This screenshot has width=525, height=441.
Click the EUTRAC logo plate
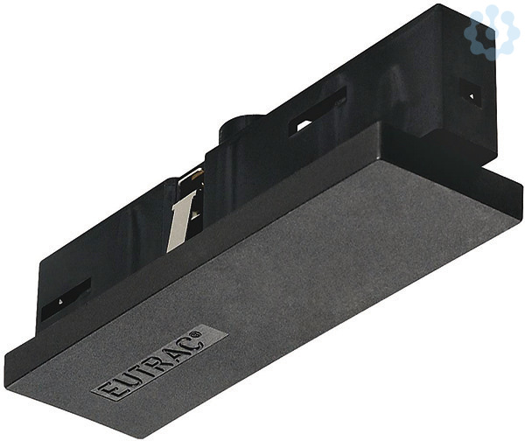(160, 362)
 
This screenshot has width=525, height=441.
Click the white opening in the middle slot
(304, 125)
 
